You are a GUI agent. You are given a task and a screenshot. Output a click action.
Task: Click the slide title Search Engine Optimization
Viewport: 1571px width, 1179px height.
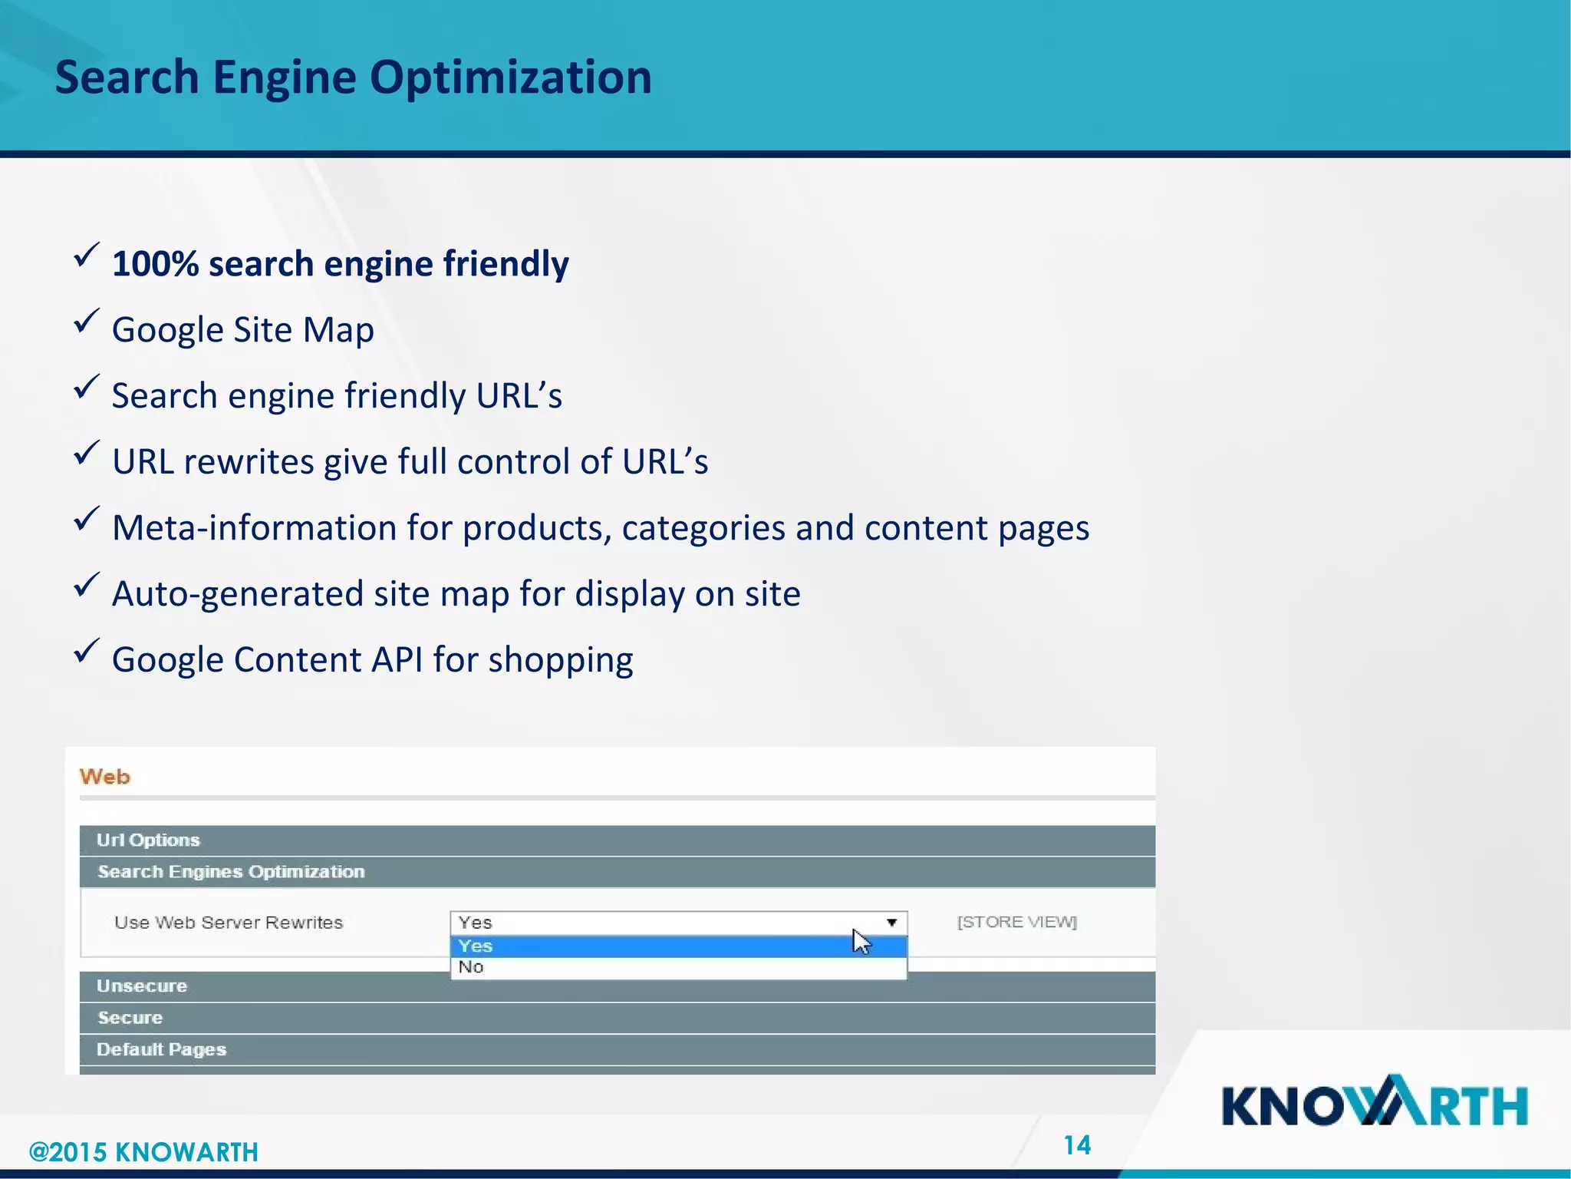[353, 78]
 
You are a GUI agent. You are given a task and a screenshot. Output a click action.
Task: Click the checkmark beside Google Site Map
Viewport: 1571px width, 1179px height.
[87, 321]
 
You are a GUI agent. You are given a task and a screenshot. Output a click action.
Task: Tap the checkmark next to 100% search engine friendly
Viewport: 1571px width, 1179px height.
[87, 255]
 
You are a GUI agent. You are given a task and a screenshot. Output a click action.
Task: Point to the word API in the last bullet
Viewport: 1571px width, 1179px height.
[397, 660]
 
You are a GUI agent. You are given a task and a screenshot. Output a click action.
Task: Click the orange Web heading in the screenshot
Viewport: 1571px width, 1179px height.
[105, 777]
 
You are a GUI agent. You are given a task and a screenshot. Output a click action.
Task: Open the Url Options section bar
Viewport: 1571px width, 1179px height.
[148, 840]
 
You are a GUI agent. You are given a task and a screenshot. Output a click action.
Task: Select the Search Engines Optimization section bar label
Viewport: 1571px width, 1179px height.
[231, 872]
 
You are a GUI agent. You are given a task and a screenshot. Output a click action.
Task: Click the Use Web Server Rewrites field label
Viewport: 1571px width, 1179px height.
[229, 923]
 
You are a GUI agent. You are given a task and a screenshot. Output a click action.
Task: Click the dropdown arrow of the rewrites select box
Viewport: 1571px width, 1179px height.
[891, 923]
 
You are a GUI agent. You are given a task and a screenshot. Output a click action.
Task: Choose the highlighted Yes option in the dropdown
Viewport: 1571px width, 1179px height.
[476, 946]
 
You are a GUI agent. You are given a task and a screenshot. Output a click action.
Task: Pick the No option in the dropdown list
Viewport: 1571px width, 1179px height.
[471, 967]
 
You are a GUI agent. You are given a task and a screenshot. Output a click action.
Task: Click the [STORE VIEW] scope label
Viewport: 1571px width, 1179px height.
[1017, 922]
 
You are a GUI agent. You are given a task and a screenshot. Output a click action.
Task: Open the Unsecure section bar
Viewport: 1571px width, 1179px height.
[142, 986]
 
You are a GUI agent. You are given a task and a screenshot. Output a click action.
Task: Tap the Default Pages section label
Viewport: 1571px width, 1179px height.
[161, 1049]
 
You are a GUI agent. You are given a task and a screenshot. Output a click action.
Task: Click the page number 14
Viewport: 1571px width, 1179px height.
[1077, 1145]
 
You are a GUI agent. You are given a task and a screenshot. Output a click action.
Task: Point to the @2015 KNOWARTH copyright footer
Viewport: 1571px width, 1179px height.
[143, 1152]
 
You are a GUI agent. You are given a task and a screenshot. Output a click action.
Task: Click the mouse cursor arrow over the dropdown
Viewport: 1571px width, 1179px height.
[861, 940]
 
